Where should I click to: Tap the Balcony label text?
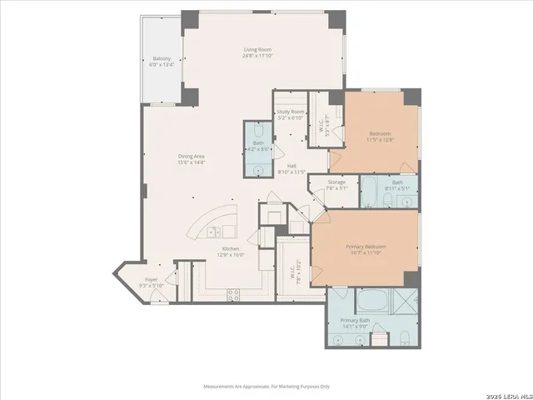[162, 58]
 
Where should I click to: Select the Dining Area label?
[191, 156]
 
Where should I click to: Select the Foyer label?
[151, 280]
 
